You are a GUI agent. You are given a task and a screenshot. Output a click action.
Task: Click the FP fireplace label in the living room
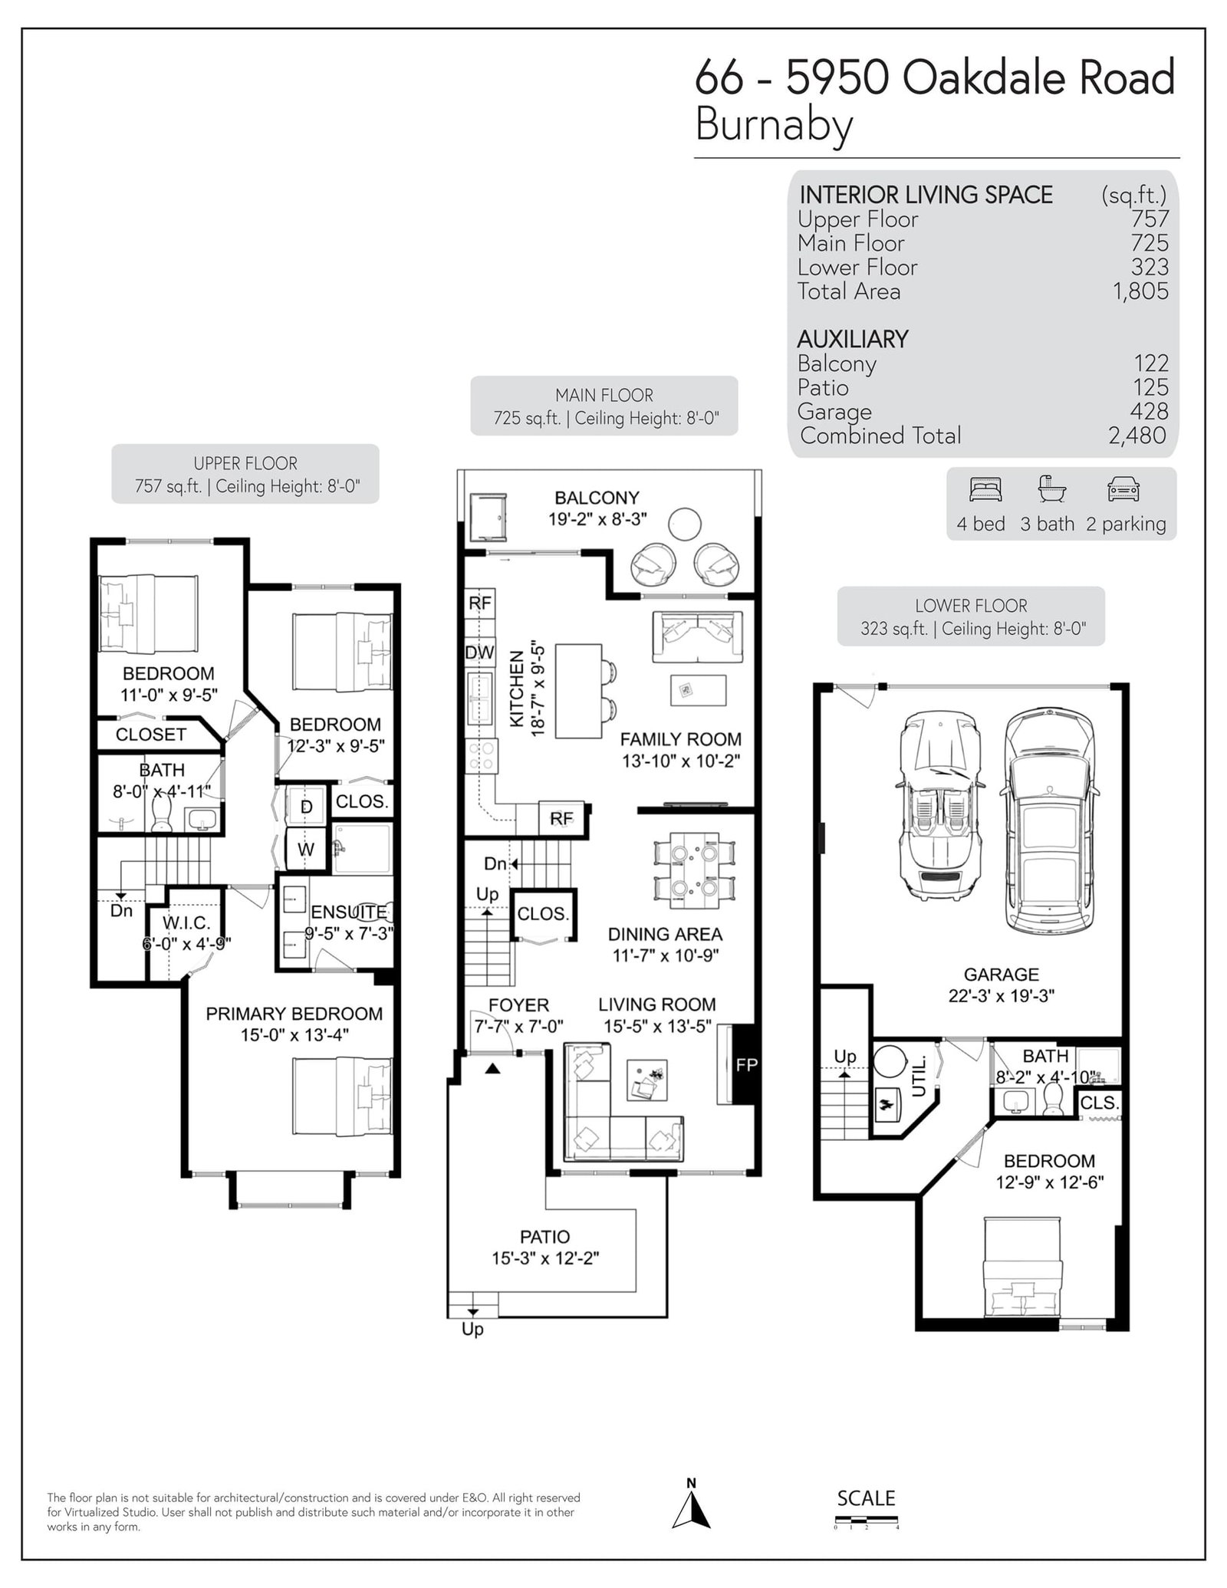[x=746, y=1064]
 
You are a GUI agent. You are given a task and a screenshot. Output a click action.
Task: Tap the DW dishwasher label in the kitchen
[x=480, y=653]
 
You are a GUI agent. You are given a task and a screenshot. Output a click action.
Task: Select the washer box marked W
[x=306, y=849]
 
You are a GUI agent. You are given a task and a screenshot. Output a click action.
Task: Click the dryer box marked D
[x=306, y=807]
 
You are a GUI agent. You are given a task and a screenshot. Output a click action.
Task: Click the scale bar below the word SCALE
[x=866, y=1519]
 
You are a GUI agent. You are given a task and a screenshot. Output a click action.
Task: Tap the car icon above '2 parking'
[x=1123, y=490]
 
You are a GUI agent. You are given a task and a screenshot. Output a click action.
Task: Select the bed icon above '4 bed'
[x=985, y=489]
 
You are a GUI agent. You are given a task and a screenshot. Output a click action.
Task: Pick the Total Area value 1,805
[x=1140, y=291]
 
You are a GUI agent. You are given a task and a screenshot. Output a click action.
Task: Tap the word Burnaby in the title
[x=774, y=126]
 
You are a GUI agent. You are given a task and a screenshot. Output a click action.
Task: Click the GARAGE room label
[x=1001, y=975]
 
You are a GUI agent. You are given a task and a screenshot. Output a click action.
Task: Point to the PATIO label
[x=544, y=1237]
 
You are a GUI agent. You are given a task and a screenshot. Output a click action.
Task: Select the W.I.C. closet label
[x=186, y=923]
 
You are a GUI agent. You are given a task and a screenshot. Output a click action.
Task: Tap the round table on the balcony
[x=684, y=524]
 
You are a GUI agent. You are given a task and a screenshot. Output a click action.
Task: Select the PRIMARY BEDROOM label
[x=294, y=1014]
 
